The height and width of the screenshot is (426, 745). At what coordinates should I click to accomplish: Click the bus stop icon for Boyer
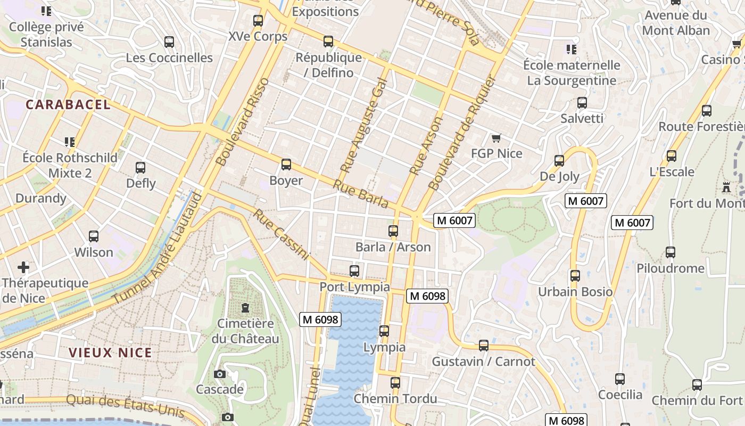(286, 165)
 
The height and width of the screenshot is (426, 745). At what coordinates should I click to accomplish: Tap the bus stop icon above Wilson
(94, 236)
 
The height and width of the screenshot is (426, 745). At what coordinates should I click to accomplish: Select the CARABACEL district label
(68, 105)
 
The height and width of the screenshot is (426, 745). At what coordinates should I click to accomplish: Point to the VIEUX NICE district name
(110, 353)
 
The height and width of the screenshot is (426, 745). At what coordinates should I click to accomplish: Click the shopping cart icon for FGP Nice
(496, 138)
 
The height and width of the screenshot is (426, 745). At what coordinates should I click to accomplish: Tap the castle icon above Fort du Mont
(726, 187)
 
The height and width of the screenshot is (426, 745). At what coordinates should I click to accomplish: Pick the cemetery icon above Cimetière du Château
(245, 308)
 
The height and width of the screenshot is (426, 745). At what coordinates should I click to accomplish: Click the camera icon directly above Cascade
(220, 374)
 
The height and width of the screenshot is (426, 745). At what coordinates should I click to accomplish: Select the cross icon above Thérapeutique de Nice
(23, 267)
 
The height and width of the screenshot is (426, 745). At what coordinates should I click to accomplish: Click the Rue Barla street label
(361, 194)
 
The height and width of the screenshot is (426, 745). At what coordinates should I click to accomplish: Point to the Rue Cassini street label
(280, 234)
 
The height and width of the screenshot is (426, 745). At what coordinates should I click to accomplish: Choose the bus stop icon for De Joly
(559, 160)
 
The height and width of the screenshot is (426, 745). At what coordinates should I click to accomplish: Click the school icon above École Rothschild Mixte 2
(70, 142)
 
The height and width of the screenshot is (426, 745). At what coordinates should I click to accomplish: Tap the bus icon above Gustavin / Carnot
(483, 346)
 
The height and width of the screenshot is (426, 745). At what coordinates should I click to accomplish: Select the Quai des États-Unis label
(126, 406)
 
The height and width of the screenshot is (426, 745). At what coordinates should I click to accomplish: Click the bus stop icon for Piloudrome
(670, 252)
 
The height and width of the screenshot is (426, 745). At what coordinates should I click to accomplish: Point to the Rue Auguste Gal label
(362, 128)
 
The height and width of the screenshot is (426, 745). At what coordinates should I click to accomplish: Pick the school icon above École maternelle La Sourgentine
(572, 50)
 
